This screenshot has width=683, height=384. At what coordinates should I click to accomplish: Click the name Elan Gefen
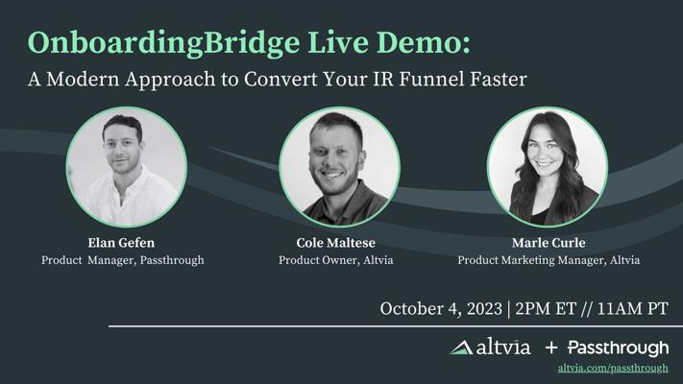coord(121,243)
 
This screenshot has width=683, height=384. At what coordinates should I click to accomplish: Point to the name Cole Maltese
coord(336,243)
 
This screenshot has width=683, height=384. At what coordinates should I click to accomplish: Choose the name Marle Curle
coord(549,243)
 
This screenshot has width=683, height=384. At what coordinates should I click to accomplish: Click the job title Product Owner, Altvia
coord(336,260)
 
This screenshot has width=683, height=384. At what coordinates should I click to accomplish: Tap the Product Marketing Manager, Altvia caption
coord(549,260)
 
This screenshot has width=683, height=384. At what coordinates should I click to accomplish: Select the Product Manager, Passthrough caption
coord(122,260)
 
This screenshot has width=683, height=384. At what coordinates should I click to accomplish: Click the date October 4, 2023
coord(441,309)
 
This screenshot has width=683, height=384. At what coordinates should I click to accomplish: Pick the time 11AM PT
coord(632,309)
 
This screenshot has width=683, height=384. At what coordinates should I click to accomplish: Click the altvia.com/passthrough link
coord(613,369)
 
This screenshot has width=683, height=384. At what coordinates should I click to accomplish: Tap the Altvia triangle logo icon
coord(461,348)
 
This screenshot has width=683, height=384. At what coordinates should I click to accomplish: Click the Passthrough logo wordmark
coord(618,348)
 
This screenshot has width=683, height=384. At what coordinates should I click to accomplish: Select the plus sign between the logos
coord(551,348)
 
